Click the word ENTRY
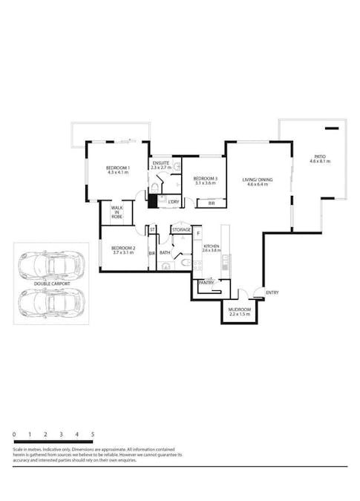[x=272, y=292]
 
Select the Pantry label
[x=206, y=282]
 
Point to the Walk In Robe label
[x=117, y=213]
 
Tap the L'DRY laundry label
[x=173, y=202]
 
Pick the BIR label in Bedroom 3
[x=211, y=203]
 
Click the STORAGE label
[x=182, y=230]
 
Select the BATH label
[x=165, y=252]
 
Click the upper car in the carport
[x=50, y=264]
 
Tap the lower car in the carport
[x=50, y=301]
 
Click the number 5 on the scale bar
[x=93, y=433]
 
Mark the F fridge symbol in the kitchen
[x=198, y=233]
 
